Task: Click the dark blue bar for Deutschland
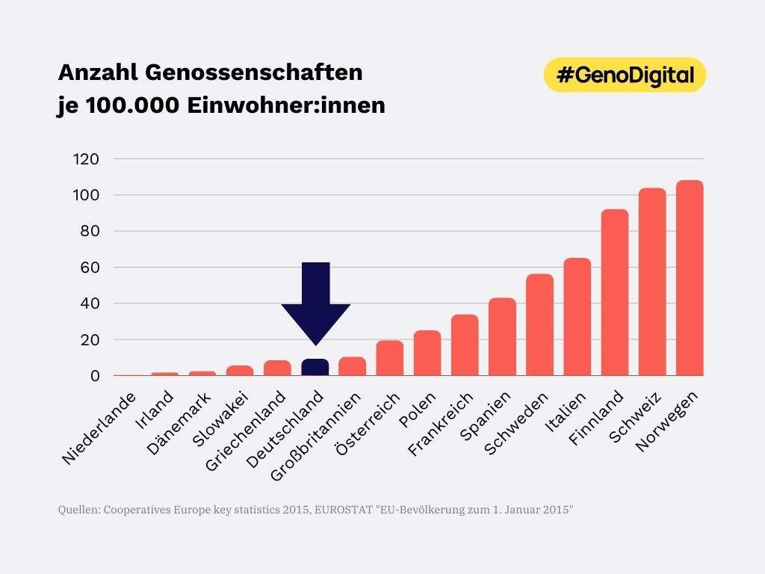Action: [x=315, y=367]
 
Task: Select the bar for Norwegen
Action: [x=690, y=278]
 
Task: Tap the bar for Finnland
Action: [x=615, y=292]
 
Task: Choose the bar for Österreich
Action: [x=390, y=358]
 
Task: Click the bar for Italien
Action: [x=577, y=317]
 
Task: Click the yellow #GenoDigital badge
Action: [x=625, y=75]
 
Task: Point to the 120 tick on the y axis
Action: [x=86, y=159]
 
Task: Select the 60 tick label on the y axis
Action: [x=90, y=268]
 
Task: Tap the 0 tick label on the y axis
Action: [x=95, y=376]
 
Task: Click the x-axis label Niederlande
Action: [x=99, y=428]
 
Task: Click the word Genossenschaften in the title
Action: [x=253, y=72]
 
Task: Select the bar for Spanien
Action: [x=502, y=337]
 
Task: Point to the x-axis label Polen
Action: [x=412, y=410]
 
